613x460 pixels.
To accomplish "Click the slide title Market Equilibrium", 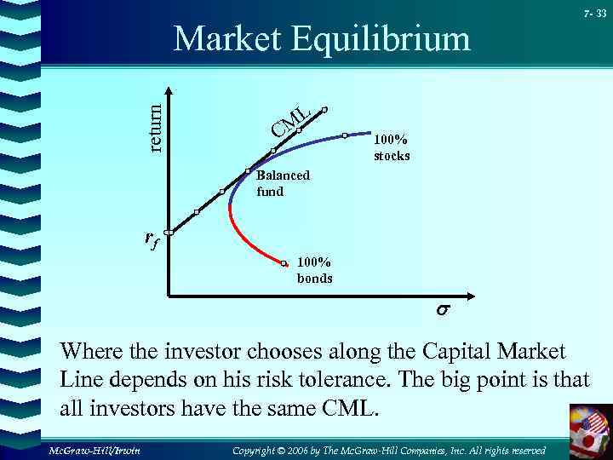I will [321, 39].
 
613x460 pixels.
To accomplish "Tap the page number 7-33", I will [593, 14].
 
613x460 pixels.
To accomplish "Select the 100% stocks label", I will [392, 148].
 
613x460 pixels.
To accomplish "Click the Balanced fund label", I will [283, 183].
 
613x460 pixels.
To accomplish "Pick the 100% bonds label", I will [314, 271].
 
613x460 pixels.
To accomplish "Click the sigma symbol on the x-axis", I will [443, 312].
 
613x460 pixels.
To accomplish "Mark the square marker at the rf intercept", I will [169, 232].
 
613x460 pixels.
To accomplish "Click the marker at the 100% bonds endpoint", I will [285, 262].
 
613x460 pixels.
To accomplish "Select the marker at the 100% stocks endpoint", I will [345, 135].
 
